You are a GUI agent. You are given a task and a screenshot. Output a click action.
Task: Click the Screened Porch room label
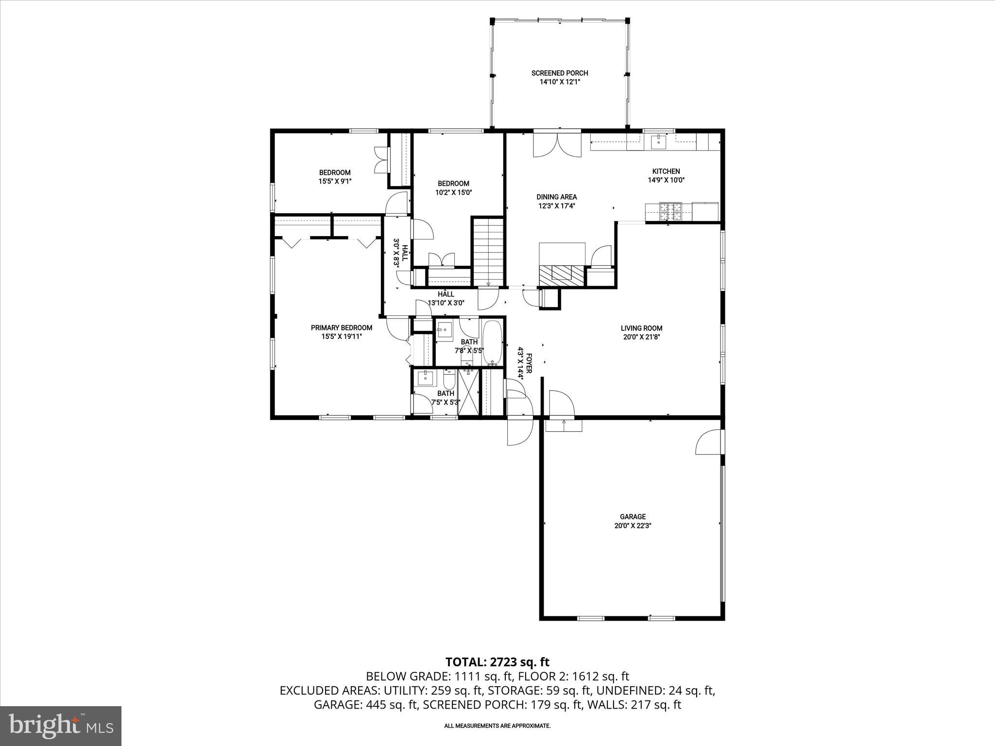point(560,73)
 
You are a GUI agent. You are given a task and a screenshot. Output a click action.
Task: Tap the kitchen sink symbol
point(658,142)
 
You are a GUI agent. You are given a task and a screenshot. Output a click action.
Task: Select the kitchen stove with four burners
point(670,210)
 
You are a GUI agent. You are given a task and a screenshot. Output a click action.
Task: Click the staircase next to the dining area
point(489,253)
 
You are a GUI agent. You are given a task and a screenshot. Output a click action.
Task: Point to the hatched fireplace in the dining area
point(562,275)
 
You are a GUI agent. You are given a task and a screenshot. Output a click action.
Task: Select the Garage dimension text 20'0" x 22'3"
point(633,526)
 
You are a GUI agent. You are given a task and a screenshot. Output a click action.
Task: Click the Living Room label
point(641,328)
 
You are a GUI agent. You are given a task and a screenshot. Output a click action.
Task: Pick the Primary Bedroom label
point(342,328)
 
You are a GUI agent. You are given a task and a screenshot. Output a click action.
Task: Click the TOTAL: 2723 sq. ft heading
point(497,662)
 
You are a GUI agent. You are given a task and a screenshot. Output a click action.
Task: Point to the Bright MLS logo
point(61,726)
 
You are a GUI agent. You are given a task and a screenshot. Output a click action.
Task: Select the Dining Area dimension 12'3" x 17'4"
point(556,206)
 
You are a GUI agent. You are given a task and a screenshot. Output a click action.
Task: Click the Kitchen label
point(666,171)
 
